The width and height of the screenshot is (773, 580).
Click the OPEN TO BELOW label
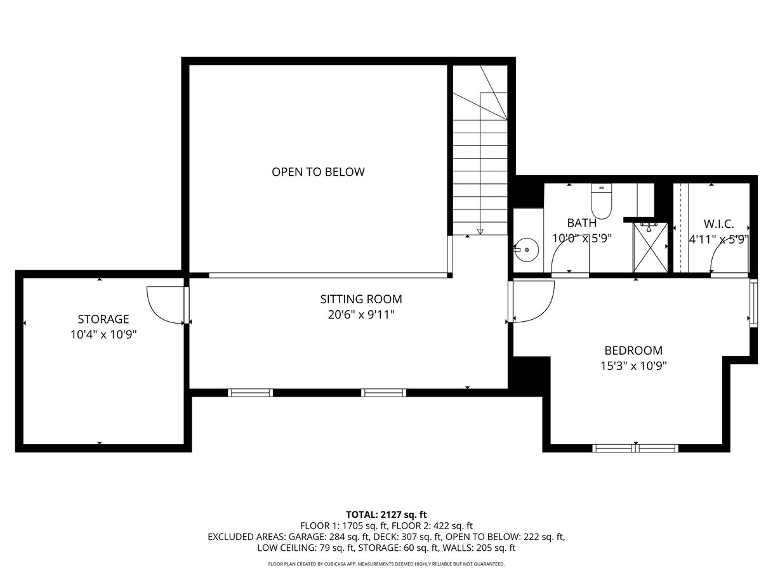(318, 172)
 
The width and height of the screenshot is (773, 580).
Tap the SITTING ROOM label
(361, 300)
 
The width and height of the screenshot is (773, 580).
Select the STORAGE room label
(103, 319)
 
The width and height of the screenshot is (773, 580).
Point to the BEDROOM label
(633, 350)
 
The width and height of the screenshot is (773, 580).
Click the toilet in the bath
(602, 201)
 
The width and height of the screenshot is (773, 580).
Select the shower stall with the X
(650, 247)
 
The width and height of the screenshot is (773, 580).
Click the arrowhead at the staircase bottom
(480, 232)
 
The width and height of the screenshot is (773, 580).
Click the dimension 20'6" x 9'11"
(361, 315)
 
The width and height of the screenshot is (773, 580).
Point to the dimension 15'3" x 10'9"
(633, 366)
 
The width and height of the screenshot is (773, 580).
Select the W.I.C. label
(719, 223)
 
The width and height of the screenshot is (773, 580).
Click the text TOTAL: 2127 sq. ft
(386, 515)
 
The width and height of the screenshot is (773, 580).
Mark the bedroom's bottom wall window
(635, 448)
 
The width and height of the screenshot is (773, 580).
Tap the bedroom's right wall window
(753, 303)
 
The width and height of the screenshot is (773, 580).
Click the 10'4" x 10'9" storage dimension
(103, 334)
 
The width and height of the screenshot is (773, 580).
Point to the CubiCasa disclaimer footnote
(386, 564)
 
